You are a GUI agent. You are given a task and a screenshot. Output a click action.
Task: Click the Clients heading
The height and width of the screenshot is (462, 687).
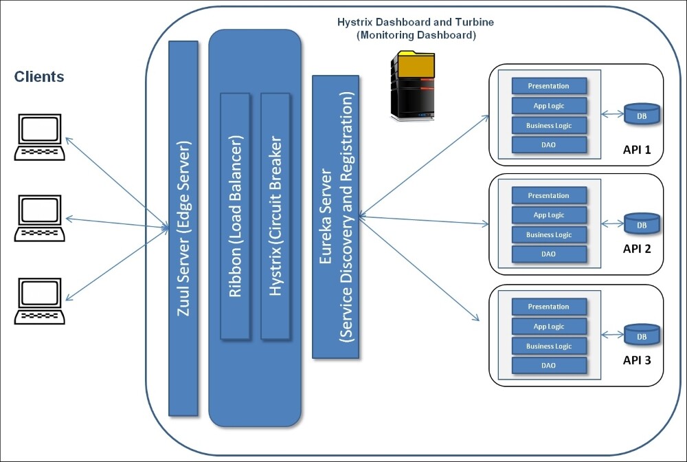pos(39,77)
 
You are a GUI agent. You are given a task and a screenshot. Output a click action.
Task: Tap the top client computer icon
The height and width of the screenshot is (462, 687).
pos(40,138)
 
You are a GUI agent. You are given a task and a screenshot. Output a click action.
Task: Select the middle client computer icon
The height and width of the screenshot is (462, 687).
pos(40,219)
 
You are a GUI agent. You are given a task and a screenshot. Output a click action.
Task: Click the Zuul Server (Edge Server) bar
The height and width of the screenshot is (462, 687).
pos(183,227)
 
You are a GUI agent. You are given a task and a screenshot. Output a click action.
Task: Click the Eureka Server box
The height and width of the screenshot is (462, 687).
pos(336,217)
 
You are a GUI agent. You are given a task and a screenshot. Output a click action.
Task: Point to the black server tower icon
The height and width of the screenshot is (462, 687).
pos(413,87)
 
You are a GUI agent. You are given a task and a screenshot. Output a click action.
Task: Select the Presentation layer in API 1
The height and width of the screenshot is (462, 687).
pos(549,86)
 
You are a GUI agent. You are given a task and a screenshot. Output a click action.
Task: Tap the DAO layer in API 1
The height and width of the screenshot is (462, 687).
pos(549,145)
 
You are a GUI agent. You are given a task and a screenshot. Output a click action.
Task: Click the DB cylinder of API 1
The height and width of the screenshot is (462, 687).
pos(642,113)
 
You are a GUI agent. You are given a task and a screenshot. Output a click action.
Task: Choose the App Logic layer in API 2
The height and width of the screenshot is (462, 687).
pos(549,215)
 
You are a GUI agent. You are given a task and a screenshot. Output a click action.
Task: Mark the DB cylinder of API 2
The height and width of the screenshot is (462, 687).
pos(642,223)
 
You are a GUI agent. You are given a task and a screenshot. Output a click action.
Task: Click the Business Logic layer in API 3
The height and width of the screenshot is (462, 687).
pos(549,346)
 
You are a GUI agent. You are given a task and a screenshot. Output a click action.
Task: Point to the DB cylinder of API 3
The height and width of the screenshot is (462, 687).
pos(642,335)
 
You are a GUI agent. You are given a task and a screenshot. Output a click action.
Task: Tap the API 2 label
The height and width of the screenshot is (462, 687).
pos(636,249)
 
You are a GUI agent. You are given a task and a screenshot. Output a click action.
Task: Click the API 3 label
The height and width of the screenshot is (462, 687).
pos(636,360)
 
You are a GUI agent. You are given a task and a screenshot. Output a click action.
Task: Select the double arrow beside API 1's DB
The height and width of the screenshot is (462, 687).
pos(613,114)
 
